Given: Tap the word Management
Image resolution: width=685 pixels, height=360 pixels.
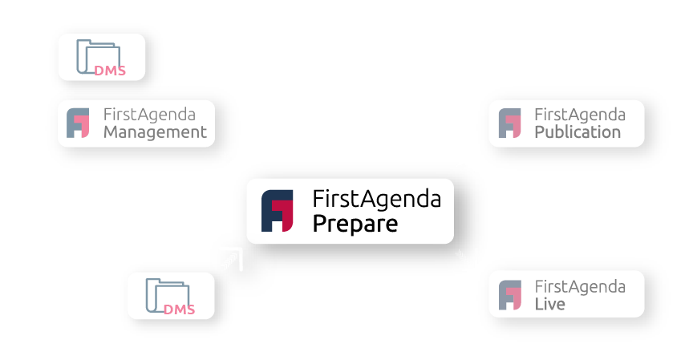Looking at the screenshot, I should coord(155,132).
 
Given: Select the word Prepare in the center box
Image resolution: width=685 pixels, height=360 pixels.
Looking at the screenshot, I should coord(355,224).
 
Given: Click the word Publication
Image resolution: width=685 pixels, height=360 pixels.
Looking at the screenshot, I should coord(578,132).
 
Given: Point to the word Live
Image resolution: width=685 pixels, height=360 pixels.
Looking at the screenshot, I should coord(549,304).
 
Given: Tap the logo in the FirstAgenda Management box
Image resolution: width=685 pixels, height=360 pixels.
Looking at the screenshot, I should coord(79,123).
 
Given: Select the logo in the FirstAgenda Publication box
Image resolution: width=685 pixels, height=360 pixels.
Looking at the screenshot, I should coord(509,123).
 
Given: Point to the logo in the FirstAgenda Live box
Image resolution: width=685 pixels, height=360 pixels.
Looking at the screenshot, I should coord(509,294).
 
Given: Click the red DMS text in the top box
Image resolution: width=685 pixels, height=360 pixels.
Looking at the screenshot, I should coord(110,71).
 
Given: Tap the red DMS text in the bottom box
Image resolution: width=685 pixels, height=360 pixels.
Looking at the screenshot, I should coord(179,309).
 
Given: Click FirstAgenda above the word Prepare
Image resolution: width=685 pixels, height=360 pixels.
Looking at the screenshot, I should coord(376,198).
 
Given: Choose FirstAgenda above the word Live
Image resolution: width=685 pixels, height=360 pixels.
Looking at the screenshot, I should coord(579,286).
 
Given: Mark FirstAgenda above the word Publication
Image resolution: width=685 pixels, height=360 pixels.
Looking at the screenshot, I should coord(579,115).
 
